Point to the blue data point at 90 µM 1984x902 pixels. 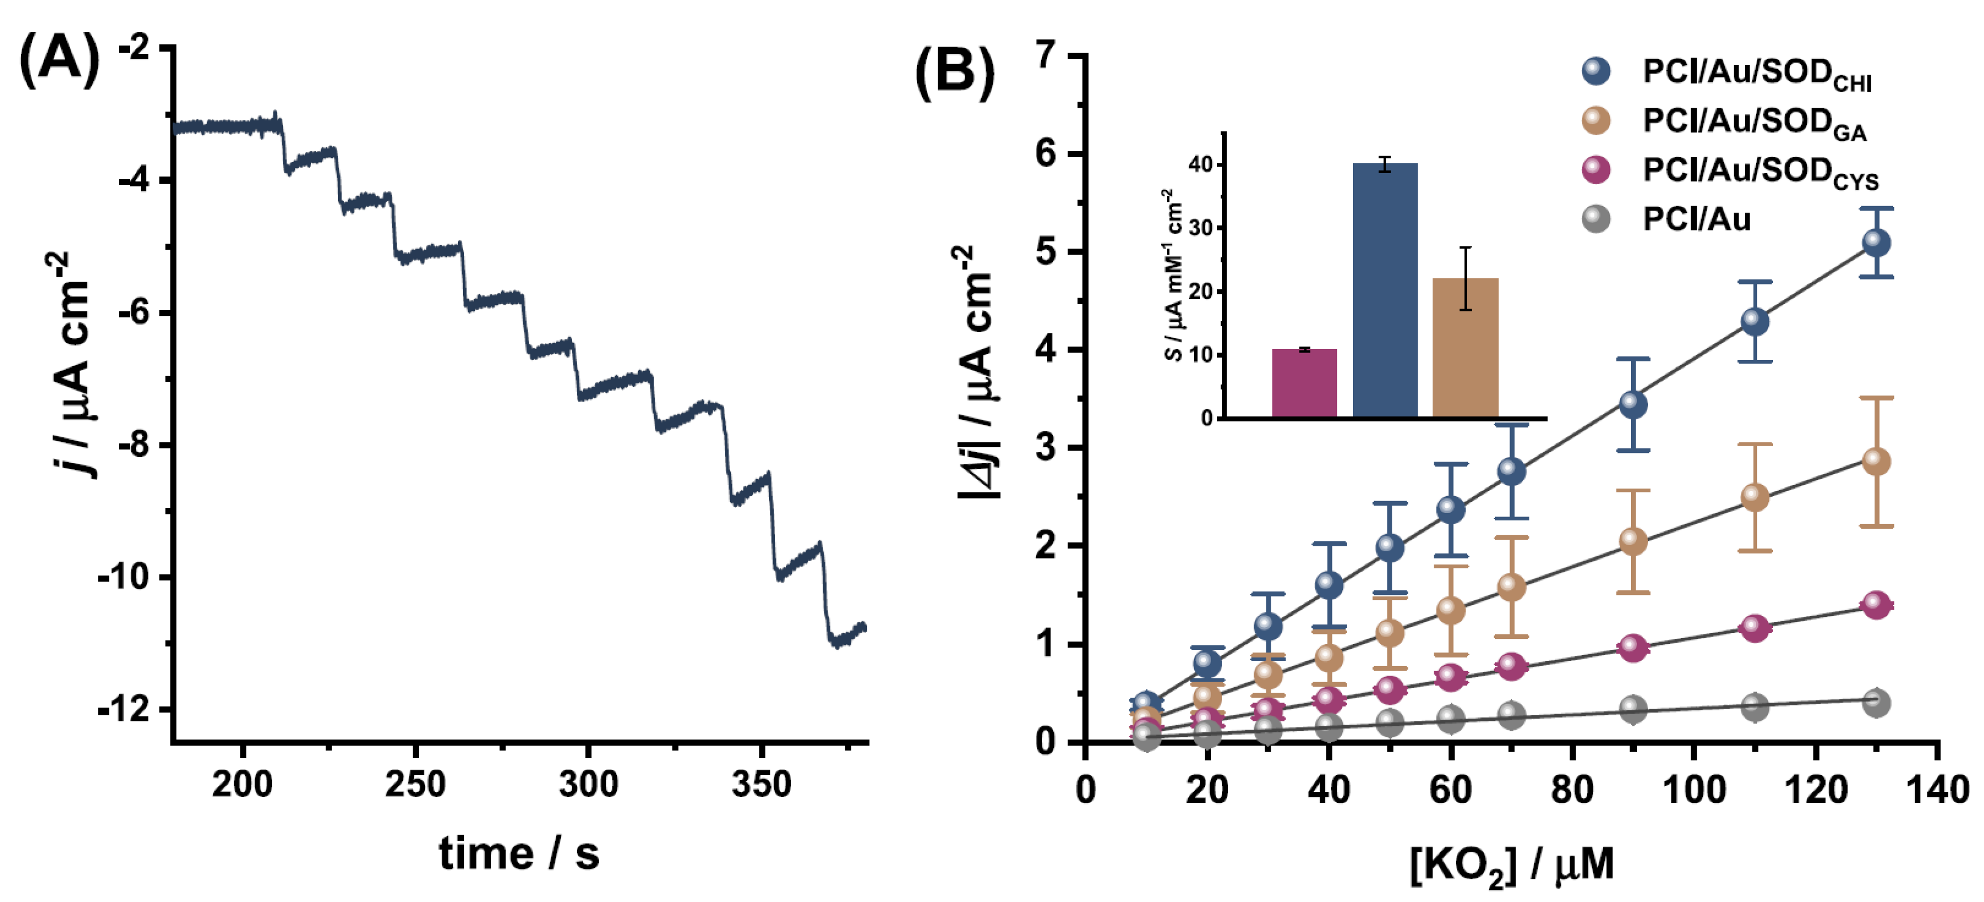coord(1633,404)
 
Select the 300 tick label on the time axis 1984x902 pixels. coord(588,785)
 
